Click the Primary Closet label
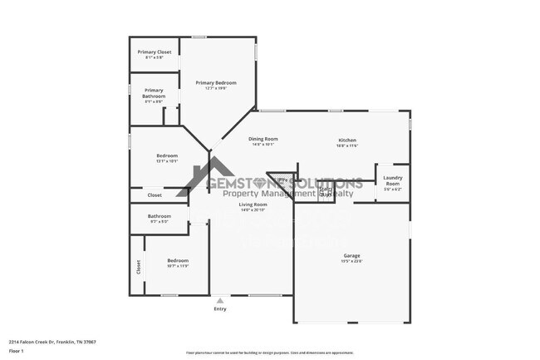click(154, 52)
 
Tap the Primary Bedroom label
click(216, 82)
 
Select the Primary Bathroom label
click(154, 92)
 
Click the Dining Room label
click(263, 139)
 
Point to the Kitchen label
click(346, 139)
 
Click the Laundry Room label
click(392, 179)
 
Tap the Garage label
click(352, 255)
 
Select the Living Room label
click(253, 204)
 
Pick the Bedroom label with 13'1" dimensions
click(167, 155)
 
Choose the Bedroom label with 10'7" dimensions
click(178, 260)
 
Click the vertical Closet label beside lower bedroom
click(138, 266)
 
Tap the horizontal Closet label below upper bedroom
click(155, 195)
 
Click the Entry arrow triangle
click(219, 301)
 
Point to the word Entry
click(219, 309)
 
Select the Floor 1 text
click(15, 351)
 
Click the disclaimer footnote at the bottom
click(269, 353)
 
